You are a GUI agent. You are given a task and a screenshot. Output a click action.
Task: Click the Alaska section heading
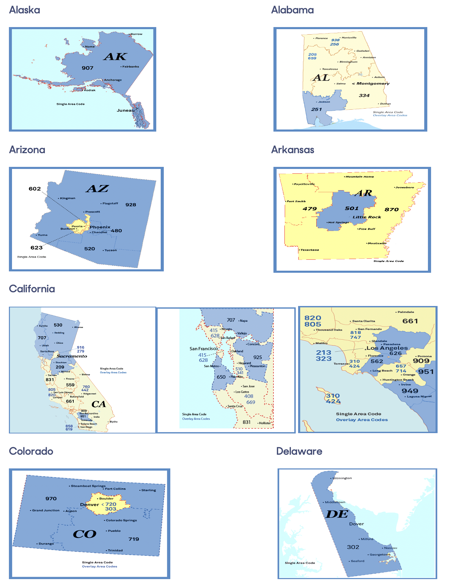[x=24, y=10]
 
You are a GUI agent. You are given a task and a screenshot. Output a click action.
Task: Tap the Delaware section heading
[x=299, y=451]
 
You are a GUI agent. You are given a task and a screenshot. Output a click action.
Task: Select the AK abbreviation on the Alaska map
[x=115, y=57]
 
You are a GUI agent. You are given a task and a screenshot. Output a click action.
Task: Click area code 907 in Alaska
[x=87, y=68]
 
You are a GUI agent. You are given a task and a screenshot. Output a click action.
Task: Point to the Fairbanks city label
[x=131, y=66]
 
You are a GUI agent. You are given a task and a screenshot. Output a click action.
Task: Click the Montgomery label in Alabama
[x=373, y=84]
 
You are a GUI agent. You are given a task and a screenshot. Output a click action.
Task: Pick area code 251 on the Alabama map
[x=316, y=110]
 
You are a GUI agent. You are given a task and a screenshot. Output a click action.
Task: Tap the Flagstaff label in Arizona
[x=110, y=204]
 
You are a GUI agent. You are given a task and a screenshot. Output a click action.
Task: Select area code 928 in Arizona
[x=131, y=205]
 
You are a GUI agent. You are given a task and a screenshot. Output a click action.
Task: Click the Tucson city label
[x=110, y=250]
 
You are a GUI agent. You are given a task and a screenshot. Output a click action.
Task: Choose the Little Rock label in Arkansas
[x=367, y=217]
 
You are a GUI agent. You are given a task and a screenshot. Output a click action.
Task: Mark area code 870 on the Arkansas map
[x=391, y=210]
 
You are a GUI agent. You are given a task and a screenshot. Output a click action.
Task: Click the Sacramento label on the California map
[x=72, y=356]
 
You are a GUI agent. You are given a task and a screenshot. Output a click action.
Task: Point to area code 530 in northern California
[x=58, y=325]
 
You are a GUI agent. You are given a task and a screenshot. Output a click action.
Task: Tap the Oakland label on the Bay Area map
[x=237, y=351]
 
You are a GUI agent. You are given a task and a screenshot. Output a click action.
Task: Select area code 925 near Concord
[x=257, y=357]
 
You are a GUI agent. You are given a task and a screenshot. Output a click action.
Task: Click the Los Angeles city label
[x=387, y=348]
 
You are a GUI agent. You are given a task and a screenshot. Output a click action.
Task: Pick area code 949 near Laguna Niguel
[x=409, y=391]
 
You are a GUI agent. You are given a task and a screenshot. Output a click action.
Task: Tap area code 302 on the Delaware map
[x=353, y=547]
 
